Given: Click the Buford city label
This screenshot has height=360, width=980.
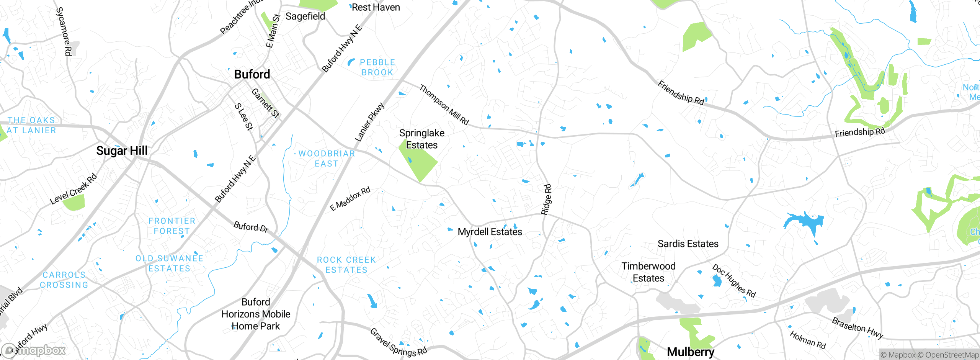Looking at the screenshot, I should coord(252,74).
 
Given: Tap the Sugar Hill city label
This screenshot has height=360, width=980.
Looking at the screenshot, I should coord(122,151).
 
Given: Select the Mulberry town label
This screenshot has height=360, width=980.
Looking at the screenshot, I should coord(690,352).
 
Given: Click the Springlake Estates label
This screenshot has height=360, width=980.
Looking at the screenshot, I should coord(421,139).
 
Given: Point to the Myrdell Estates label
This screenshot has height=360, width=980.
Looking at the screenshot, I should coord(490,232).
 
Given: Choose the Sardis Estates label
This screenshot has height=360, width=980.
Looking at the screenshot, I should coord(688,244).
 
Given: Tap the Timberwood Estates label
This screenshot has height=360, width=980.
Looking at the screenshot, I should coord(648,272).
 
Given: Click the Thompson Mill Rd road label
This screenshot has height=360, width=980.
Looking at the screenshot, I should coord(444,105).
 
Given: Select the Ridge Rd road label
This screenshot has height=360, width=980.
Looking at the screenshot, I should coord(546,199).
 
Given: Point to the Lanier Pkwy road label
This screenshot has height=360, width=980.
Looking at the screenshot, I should coord(369,122).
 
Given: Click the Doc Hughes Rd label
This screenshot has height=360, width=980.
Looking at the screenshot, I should coord(733,281).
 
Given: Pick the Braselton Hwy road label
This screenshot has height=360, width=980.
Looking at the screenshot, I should coord(857,328).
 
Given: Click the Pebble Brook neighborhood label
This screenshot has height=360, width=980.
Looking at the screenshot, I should coord(377,67).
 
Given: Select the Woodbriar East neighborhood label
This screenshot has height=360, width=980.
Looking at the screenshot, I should coord(327,159).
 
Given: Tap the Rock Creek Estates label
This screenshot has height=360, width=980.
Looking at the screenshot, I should coord(346,265).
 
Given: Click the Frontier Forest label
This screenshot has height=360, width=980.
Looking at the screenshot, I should coord(171,226).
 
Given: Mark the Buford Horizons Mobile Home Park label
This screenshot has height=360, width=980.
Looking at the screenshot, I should coord(256,314).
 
